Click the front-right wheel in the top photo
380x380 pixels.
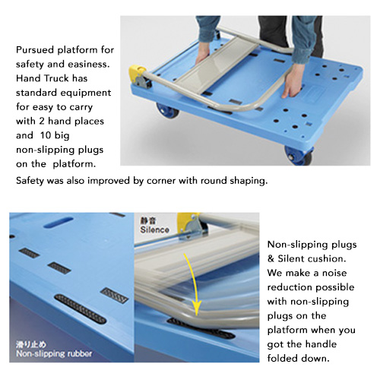pos(299,156)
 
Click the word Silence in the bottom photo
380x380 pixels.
pos(155,230)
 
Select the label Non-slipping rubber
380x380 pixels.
pos(54,353)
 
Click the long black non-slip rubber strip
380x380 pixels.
pos(81,309)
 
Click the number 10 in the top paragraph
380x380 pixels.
pos(46,135)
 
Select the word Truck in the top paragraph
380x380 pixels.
pos(55,78)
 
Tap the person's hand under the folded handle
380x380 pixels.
pos(203,54)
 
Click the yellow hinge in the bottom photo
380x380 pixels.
pos(191,225)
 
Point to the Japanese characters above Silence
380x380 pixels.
pos(148,220)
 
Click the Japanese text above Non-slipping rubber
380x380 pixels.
pos(31,345)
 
